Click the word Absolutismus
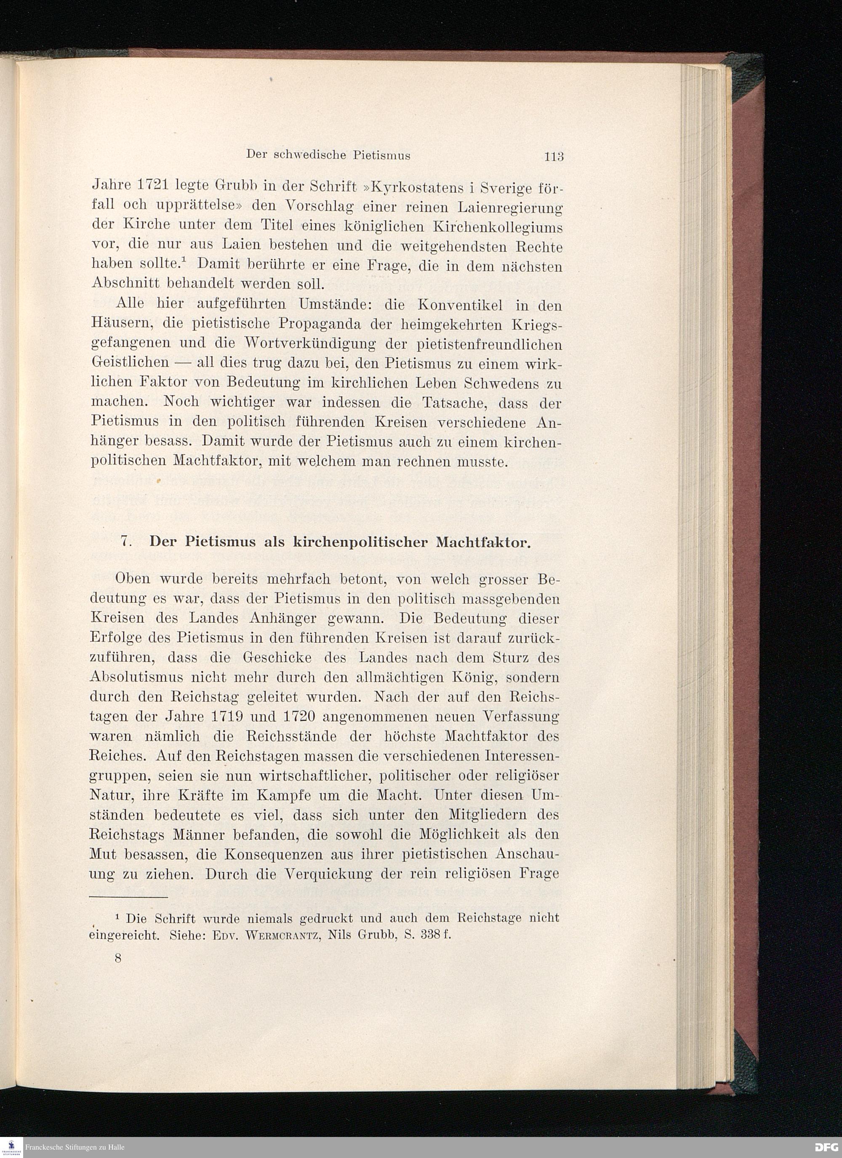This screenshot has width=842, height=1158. pyautogui.click(x=136, y=677)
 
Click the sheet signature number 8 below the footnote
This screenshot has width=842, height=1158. pyautogui.click(x=118, y=959)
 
